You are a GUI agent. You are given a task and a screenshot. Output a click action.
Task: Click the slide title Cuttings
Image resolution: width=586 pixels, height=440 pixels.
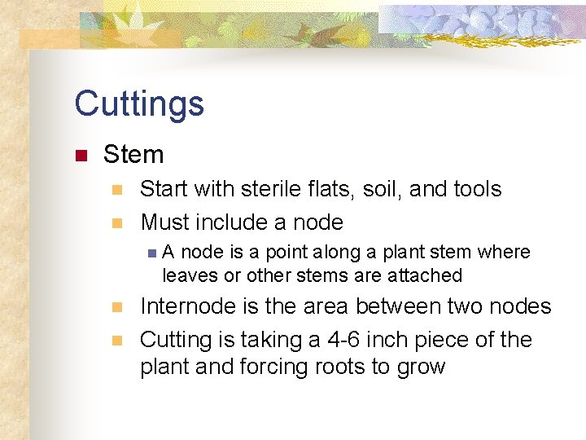tap(139, 104)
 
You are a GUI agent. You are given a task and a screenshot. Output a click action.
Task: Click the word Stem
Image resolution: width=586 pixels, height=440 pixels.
tap(133, 154)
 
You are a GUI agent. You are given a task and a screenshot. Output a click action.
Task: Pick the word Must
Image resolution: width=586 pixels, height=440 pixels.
tap(165, 222)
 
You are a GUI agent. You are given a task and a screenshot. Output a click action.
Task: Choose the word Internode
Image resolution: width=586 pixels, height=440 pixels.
tap(191, 306)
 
